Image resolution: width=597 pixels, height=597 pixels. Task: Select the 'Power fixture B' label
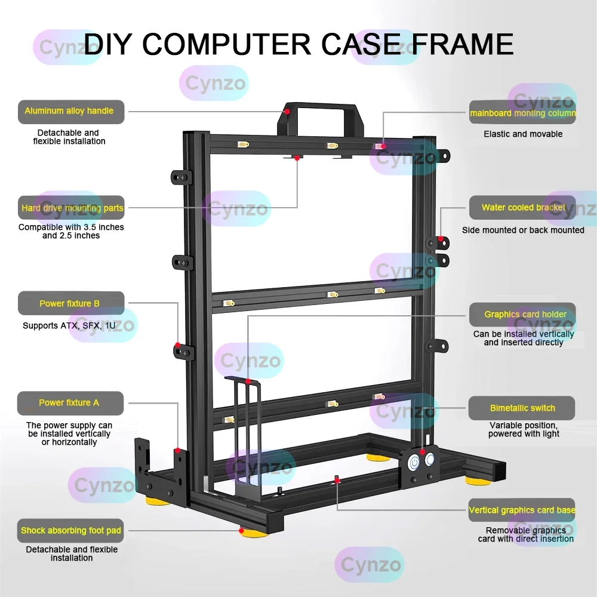point(71,303)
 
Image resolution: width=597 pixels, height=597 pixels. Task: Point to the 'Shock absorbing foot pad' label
point(71,530)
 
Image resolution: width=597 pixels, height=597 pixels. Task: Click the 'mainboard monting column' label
point(522,112)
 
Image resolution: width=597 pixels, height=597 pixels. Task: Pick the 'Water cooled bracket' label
point(522,208)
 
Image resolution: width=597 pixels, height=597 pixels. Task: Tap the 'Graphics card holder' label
point(522,315)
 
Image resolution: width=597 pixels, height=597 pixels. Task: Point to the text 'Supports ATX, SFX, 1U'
point(69,326)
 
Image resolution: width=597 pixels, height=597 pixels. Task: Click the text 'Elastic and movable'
point(523,134)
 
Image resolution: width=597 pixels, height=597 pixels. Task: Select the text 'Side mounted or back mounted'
point(523,230)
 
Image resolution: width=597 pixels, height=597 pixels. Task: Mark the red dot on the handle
point(287,111)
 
